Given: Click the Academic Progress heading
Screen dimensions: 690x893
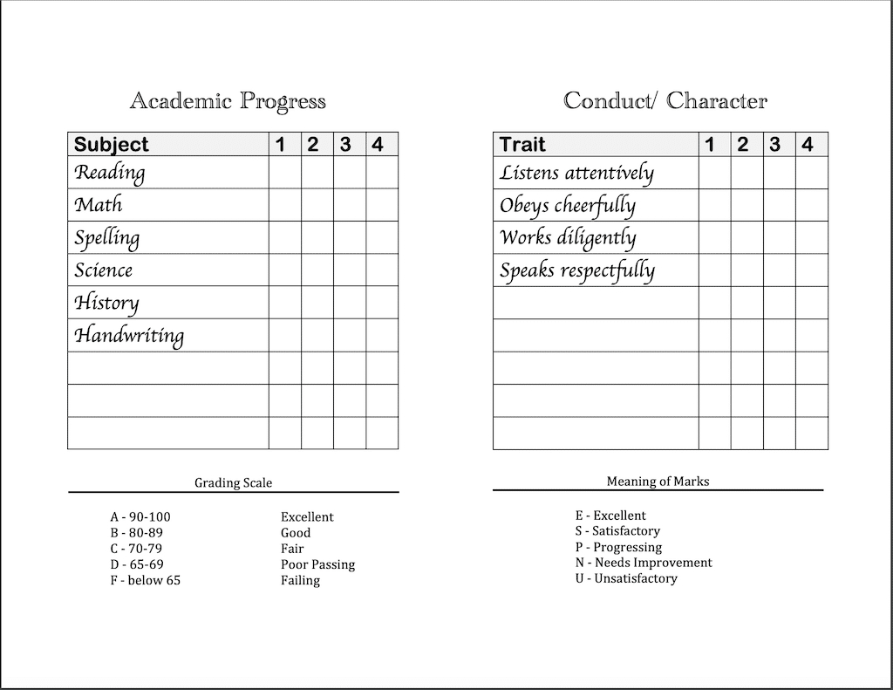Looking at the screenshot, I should tap(228, 101).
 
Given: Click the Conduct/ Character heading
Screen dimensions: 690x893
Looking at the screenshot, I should tap(665, 101).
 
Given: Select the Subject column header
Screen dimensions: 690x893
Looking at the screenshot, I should tap(112, 145).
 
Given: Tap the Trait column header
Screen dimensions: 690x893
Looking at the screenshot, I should tap(522, 145).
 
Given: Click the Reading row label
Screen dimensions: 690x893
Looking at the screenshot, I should tap(110, 173).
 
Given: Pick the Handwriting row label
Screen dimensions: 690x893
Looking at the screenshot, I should tap(129, 336).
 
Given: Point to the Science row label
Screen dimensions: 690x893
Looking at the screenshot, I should tap(104, 270).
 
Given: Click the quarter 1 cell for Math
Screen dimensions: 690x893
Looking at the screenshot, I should tap(284, 205).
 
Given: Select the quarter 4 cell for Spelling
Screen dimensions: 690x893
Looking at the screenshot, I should tap(382, 237).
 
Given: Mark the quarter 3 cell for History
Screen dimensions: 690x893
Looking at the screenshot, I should tap(349, 303).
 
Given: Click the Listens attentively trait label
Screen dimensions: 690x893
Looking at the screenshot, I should tap(576, 173).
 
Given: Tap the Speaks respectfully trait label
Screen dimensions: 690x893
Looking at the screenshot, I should tap(577, 270).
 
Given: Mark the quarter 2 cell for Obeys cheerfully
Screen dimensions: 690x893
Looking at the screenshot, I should tap(746, 205).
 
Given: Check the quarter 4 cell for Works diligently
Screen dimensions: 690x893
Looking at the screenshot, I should tap(812, 237).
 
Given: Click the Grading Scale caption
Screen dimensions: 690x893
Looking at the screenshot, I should tap(233, 482).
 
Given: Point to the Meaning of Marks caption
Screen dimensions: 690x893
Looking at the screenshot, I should tap(658, 481).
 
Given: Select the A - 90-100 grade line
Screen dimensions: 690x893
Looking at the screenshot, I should tap(140, 516).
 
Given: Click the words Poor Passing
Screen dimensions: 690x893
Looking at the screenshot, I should tap(317, 564).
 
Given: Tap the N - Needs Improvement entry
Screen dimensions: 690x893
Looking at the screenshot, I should tap(644, 563).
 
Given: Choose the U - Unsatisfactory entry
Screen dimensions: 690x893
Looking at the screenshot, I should tap(626, 578).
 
